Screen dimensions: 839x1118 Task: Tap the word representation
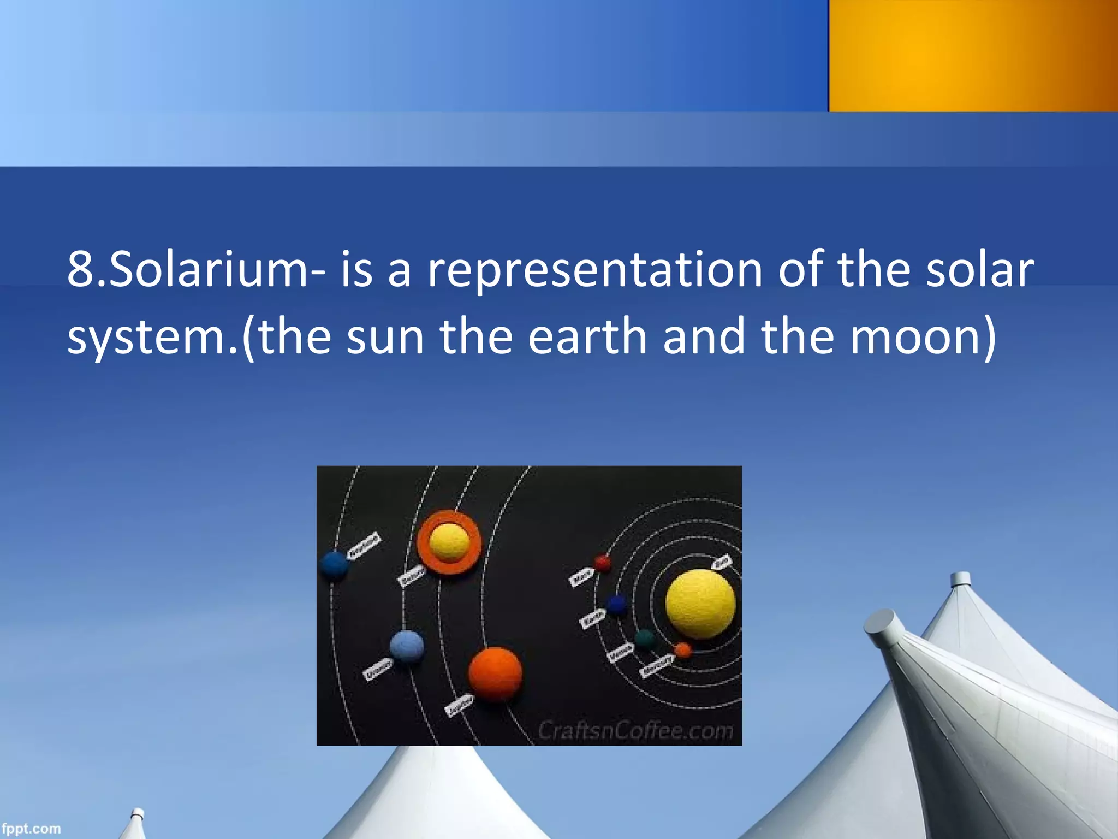click(595, 270)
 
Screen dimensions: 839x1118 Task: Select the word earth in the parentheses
click(587, 336)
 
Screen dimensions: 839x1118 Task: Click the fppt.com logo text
click(31, 829)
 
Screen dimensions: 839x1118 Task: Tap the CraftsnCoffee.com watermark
click(635, 731)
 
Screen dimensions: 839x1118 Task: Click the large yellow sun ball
click(700, 604)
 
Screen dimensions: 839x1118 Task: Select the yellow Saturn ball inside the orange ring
click(449, 543)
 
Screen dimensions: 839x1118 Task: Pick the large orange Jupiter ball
click(495, 674)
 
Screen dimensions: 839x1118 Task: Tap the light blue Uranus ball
click(407, 646)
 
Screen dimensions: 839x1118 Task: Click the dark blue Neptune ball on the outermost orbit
click(334, 565)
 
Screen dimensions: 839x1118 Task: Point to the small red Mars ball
click(602, 563)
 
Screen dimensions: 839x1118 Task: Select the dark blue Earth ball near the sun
click(616, 605)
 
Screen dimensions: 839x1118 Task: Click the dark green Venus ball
click(645, 639)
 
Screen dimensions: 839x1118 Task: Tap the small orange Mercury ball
click(682, 650)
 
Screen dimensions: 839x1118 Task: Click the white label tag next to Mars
click(581, 577)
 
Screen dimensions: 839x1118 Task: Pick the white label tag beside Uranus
click(378, 669)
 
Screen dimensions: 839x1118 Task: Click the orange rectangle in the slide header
click(973, 56)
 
